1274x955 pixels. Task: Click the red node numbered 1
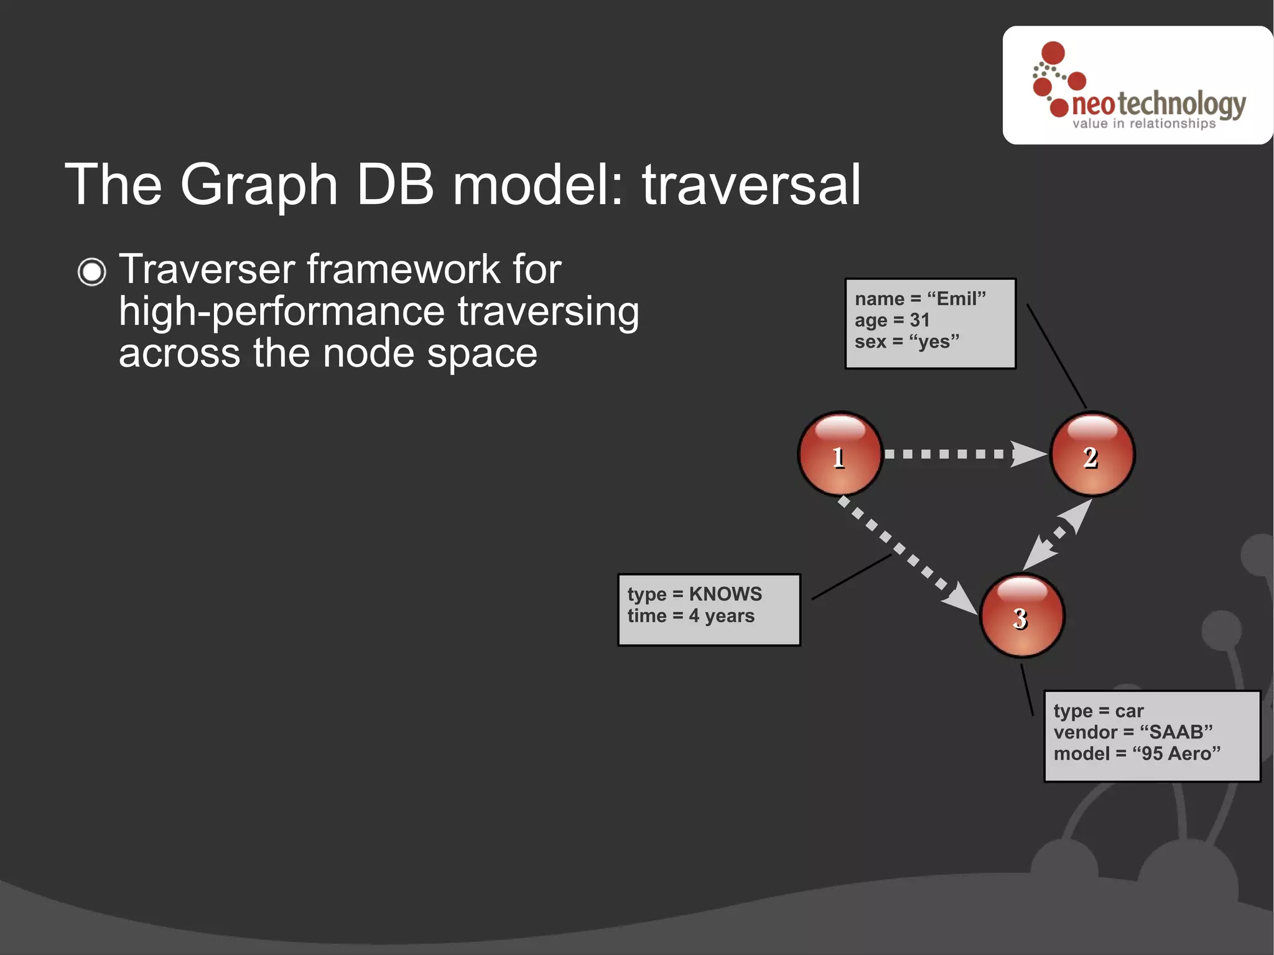click(x=840, y=454)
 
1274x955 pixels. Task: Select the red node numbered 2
click(x=1092, y=454)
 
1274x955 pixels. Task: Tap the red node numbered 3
click(x=1022, y=615)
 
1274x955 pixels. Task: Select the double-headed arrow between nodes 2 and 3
click(x=1058, y=534)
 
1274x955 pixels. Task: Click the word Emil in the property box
click(x=956, y=299)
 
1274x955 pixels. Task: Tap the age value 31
click(x=919, y=320)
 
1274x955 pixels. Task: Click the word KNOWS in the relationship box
click(x=725, y=594)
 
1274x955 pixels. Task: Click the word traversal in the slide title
click(x=751, y=185)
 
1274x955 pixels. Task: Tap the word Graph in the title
click(x=258, y=185)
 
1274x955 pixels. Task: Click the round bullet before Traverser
click(x=92, y=272)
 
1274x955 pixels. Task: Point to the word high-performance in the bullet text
click(x=282, y=311)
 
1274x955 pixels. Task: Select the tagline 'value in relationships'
click(x=1143, y=124)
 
